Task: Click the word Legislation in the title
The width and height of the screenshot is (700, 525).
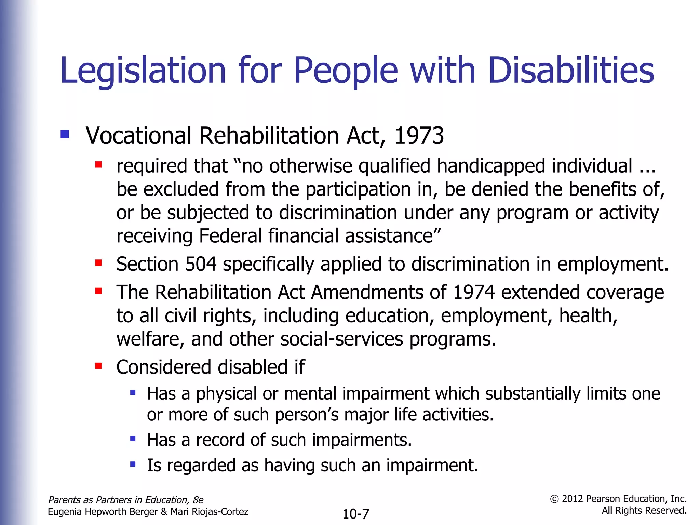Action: (143, 71)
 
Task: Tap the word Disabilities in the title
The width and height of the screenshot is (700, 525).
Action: (571, 70)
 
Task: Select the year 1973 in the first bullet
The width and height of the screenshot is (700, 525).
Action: (419, 136)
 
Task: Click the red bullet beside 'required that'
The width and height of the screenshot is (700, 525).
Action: (99, 165)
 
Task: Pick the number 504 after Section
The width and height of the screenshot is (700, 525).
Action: (201, 264)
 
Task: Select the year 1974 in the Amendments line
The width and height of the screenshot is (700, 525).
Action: (474, 293)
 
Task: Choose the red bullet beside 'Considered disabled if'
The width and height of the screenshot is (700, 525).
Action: (99, 366)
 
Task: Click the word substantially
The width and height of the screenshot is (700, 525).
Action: (533, 393)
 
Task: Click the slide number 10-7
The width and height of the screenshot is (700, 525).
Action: (355, 514)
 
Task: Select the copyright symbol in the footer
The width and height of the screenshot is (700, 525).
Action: (554, 499)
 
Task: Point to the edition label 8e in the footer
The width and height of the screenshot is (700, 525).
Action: (198, 500)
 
